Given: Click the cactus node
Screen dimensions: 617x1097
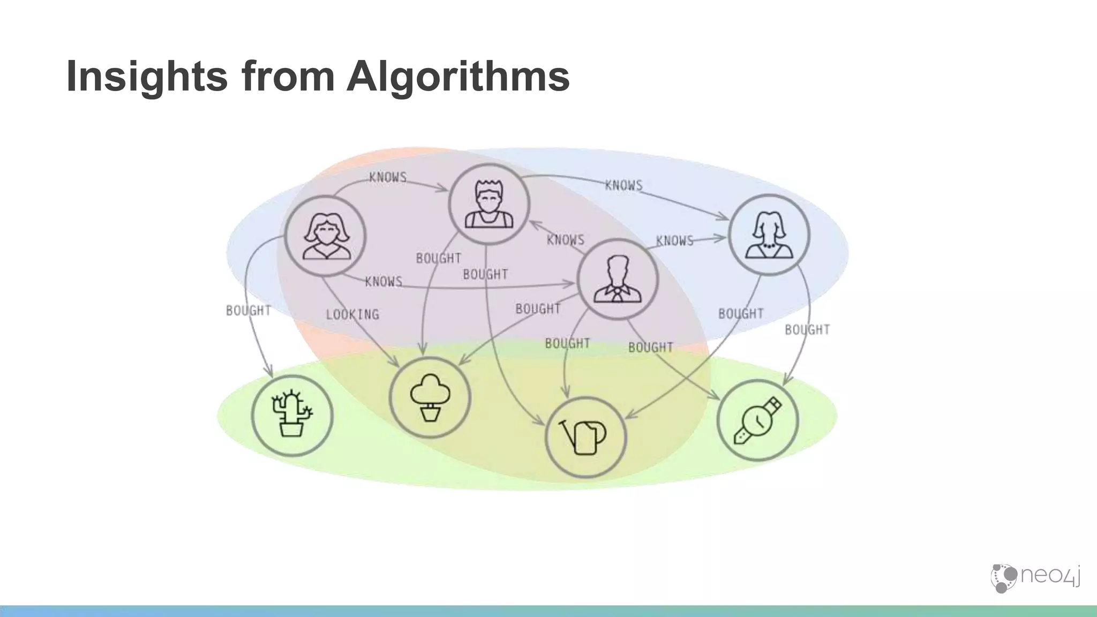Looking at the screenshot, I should click(292, 416).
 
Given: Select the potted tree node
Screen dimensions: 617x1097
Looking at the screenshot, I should click(430, 397).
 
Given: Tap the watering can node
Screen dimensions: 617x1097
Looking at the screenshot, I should click(585, 438).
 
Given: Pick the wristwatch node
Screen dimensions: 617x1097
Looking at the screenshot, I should click(757, 420).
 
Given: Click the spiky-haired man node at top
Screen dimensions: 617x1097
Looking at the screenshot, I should click(489, 205).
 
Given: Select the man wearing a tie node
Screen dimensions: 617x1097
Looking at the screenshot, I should click(617, 279).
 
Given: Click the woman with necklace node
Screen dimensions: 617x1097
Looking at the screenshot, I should click(769, 235).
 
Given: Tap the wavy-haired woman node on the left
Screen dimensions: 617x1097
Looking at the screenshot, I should click(325, 236).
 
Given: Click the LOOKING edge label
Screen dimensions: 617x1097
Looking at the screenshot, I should click(352, 314).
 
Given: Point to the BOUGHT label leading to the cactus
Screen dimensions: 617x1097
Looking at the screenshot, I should click(248, 311).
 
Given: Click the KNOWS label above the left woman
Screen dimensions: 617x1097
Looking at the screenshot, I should click(388, 177).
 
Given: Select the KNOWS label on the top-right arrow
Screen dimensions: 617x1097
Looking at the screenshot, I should click(623, 185).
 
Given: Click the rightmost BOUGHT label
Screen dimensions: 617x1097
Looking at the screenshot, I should click(807, 330).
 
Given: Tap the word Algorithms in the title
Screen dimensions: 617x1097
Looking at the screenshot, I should click(458, 77).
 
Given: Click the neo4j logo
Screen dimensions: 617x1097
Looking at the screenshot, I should click(1034, 577).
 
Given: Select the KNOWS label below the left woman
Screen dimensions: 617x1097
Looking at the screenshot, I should click(384, 282).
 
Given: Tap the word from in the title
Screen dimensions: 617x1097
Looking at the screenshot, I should click(288, 77).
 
